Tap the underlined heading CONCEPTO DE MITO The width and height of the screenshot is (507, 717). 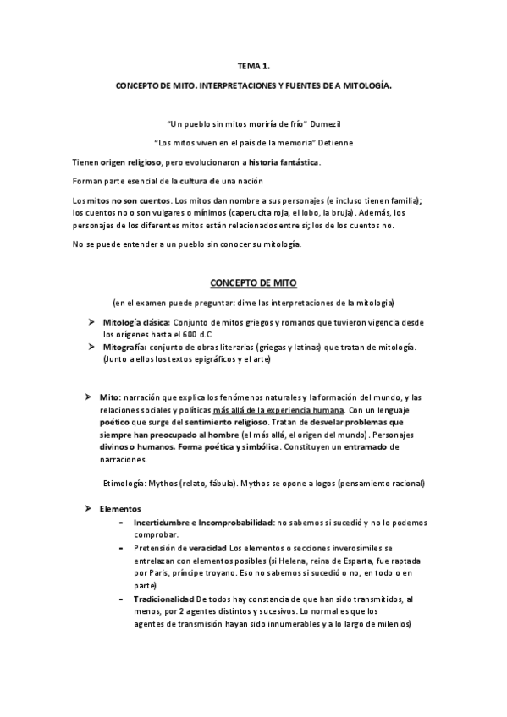click(253, 282)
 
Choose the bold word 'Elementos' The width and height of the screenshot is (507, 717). click(120, 510)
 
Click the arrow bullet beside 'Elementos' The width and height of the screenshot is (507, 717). click(87, 510)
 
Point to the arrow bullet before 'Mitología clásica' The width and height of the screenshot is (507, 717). click(87, 323)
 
